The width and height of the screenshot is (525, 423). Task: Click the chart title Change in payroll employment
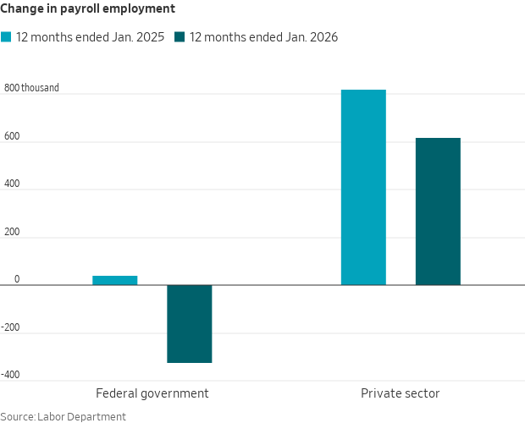click(x=88, y=8)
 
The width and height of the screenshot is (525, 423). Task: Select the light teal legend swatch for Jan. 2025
click(x=6, y=37)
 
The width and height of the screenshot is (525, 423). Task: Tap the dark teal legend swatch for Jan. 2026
click(x=180, y=37)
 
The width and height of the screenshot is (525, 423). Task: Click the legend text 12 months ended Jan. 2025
click(x=90, y=37)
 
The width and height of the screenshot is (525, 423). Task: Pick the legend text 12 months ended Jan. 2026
click(x=263, y=37)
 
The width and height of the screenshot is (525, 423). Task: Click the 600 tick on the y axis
click(x=12, y=135)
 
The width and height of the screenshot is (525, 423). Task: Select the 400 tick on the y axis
click(x=12, y=184)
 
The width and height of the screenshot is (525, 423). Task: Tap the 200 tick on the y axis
click(x=12, y=231)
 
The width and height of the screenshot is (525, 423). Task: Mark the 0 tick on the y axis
click(x=16, y=279)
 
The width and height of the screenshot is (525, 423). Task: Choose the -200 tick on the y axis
click(x=10, y=327)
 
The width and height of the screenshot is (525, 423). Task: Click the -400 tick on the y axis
click(x=10, y=375)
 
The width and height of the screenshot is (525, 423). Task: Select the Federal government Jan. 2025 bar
click(x=114, y=280)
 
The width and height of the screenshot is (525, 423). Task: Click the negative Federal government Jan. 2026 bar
click(x=189, y=324)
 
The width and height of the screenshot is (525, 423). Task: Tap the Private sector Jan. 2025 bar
click(x=363, y=187)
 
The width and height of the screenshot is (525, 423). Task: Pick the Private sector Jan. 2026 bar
click(x=438, y=211)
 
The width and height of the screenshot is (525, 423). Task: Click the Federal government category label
click(x=152, y=393)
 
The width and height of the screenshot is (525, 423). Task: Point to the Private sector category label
click(x=400, y=393)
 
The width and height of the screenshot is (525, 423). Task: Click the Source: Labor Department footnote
click(x=63, y=416)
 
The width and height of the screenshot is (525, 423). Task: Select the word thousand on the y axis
click(x=40, y=87)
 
